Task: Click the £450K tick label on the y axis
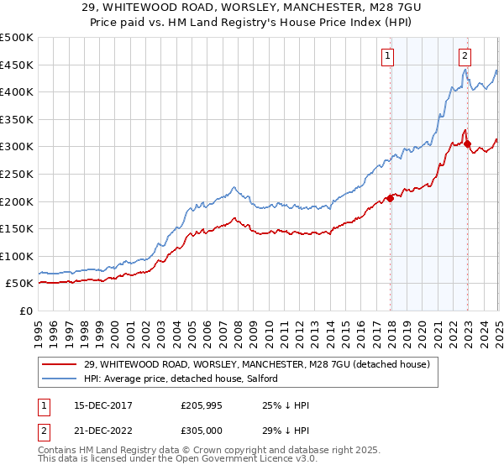tap(17, 65)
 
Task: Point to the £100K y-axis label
tap(17, 256)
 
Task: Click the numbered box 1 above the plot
tap(388, 56)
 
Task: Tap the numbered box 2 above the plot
tap(465, 56)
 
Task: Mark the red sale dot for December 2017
tap(390, 199)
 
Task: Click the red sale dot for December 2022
tap(467, 144)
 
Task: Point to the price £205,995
tap(202, 405)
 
